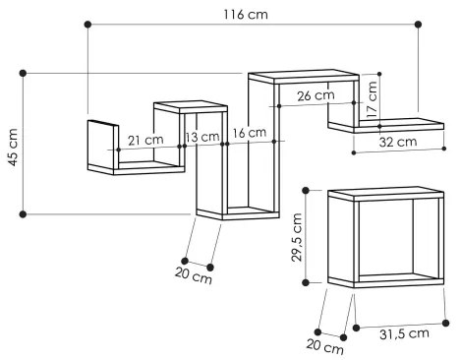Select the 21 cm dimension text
[145, 140]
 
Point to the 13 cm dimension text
[202, 137]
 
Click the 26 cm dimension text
[314, 95]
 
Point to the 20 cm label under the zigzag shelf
[193, 276]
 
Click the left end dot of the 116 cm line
[87, 24]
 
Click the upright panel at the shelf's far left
[101, 144]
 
